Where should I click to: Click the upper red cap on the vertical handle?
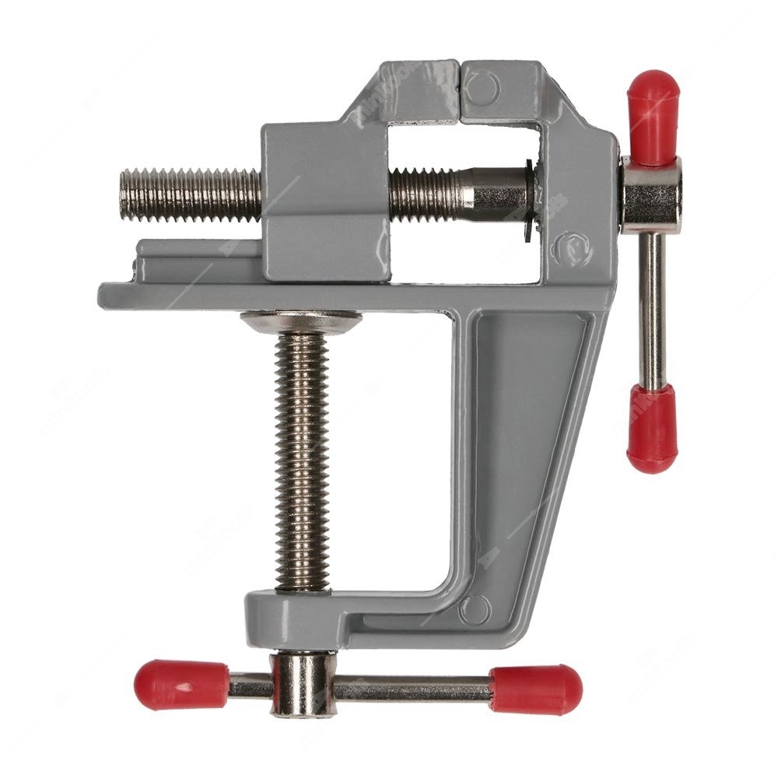click(654, 117)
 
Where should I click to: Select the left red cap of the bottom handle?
click(181, 685)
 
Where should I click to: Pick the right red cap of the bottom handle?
click(536, 689)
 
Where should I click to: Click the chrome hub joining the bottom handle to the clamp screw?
click(302, 685)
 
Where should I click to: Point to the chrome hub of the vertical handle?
click(652, 194)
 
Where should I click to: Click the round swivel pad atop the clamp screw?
click(300, 321)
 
